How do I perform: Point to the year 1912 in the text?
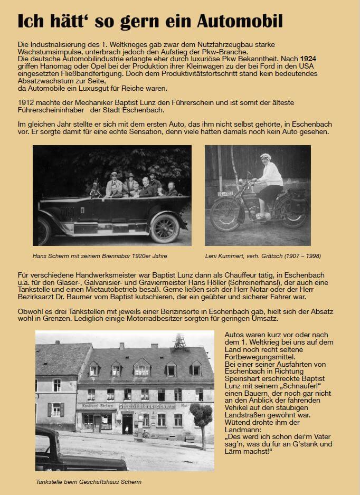coord(26,102)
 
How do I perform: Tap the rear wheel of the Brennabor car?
coord(164,228)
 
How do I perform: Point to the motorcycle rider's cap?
coord(266,157)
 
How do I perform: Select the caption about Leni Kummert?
coord(263,256)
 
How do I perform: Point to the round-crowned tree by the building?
coord(201,415)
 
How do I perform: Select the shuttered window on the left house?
coord(56,409)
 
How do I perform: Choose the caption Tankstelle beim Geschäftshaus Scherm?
coord(89,482)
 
